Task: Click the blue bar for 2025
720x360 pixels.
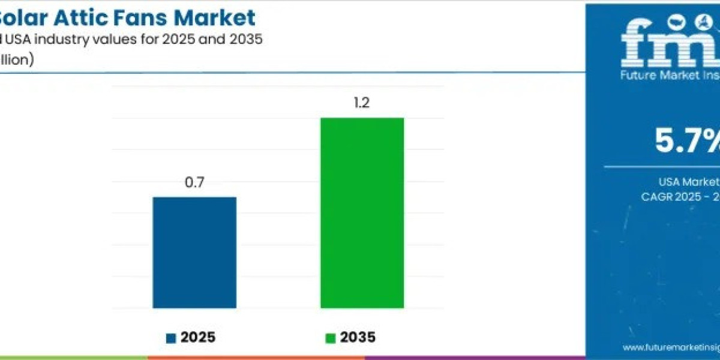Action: (x=194, y=253)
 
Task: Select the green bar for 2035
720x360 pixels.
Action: (x=362, y=213)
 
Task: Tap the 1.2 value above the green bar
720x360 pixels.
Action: (x=362, y=103)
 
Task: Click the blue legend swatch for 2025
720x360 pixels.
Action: (x=170, y=338)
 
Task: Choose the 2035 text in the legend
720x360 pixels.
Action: (x=358, y=338)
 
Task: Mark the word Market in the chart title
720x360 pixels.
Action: (x=222, y=17)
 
